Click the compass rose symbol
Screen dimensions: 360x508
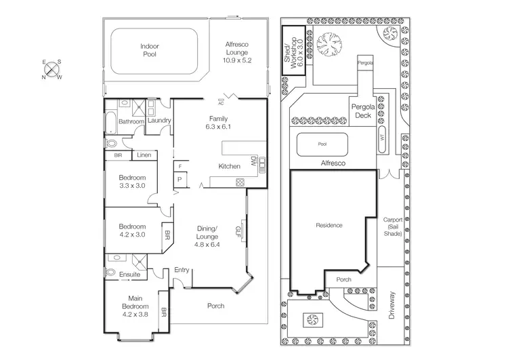[x=52, y=68]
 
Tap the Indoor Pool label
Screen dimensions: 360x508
[x=149, y=49]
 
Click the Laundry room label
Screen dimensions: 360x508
[x=158, y=121]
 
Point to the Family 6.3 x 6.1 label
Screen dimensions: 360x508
[x=218, y=123]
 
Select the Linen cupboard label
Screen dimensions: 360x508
[x=144, y=155]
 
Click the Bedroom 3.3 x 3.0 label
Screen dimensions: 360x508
[x=132, y=181]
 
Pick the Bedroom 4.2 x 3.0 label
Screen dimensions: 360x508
[x=132, y=231]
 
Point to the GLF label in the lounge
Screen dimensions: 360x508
[x=238, y=230]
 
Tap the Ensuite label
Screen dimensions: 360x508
[x=130, y=275]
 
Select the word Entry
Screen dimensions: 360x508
[x=182, y=270]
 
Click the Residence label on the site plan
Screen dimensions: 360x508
[x=329, y=225]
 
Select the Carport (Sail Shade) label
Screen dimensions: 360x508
[x=393, y=226]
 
